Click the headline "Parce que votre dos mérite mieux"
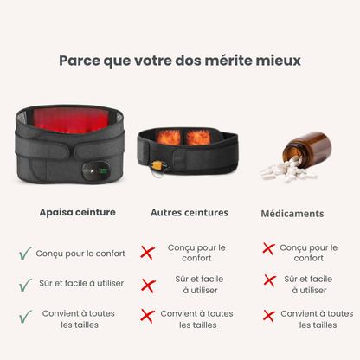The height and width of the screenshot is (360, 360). click(180, 61)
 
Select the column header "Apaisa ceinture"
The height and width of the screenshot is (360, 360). click(77, 211)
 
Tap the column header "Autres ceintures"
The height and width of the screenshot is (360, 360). click(190, 212)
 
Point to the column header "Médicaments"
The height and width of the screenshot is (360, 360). click(292, 213)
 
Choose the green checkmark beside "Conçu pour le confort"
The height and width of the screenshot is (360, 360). click(25, 254)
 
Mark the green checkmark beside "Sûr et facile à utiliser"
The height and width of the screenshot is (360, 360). click(25, 284)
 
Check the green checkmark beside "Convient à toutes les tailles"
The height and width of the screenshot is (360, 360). click(25, 316)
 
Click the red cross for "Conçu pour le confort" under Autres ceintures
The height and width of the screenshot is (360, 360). click(148, 253)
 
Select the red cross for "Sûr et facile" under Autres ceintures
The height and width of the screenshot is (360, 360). click(148, 285)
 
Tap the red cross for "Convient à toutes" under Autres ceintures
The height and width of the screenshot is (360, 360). click(148, 316)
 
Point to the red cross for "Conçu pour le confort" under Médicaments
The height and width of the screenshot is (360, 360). click(268, 249)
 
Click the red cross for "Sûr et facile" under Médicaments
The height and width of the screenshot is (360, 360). click(268, 280)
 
